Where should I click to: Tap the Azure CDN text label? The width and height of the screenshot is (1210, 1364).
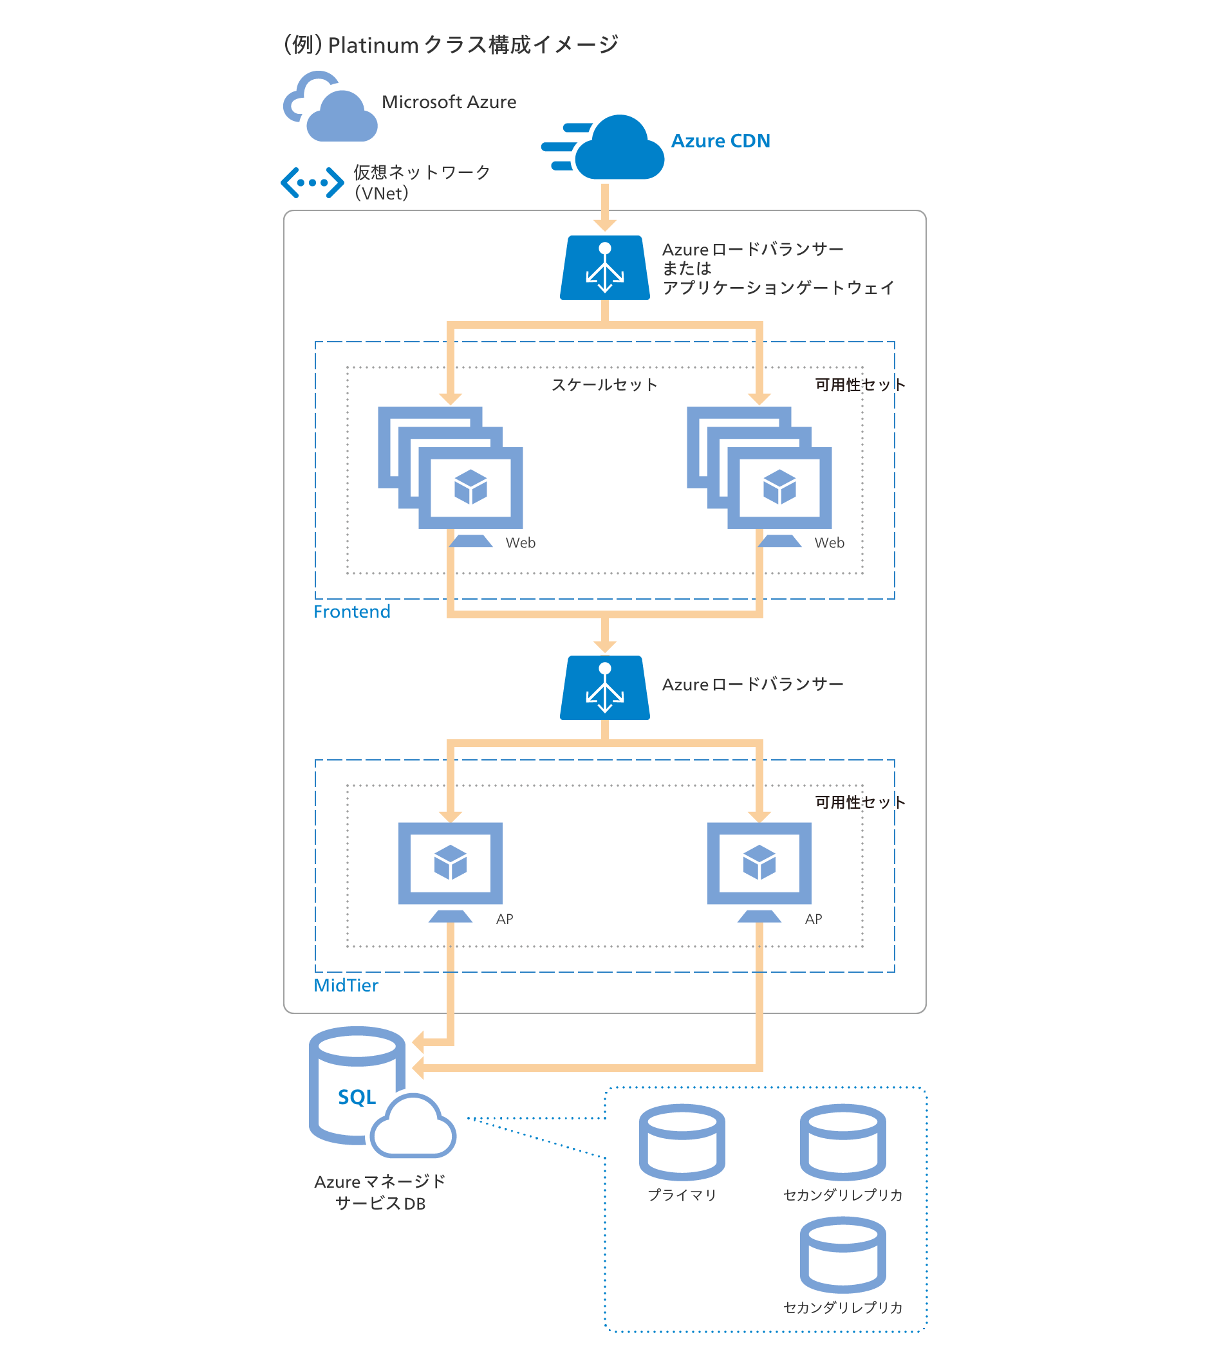click(x=720, y=141)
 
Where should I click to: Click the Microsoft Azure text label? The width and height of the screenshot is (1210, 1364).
click(x=449, y=102)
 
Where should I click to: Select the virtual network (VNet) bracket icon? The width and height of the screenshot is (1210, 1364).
click(x=312, y=182)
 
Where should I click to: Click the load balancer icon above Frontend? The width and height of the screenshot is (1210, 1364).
click(x=604, y=268)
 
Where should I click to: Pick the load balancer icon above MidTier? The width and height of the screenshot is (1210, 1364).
click(x=604, y=687)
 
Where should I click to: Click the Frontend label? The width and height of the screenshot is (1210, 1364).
click(x=351, y=611)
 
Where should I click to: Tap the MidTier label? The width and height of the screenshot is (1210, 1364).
click(x=346, y=985)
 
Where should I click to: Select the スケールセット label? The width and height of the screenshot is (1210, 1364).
click(x=604, y=384)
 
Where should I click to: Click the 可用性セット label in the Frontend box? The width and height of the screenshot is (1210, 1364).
click(x=860, y=384)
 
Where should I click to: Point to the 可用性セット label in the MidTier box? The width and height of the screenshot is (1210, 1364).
click(x=860, y=802)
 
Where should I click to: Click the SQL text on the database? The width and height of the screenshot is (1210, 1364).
click(x=357, y=1097)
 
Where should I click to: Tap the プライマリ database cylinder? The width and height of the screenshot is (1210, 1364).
click(x=682, y=1142)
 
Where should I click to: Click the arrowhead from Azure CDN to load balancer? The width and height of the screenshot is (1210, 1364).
click(x=604, y=225)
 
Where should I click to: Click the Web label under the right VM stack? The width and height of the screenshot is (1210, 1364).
click(x=829, y=542)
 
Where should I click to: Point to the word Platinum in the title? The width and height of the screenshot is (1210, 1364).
click(x=373, y=46)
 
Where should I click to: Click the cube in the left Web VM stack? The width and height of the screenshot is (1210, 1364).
click(x=470, y=486)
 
